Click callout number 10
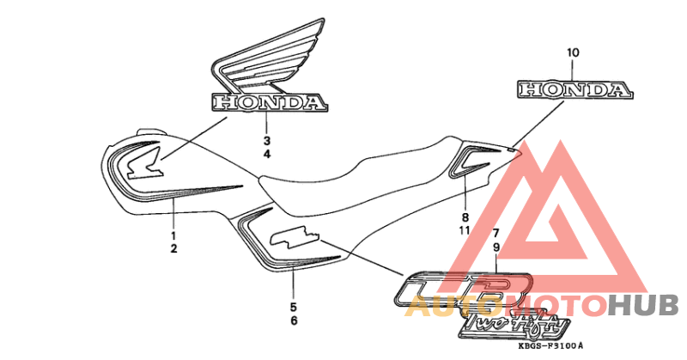573,53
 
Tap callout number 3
266,140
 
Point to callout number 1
173,235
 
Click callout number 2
173,248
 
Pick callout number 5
293,306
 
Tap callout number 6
293,320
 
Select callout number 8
464,217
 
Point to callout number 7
495,234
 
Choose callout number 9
495,247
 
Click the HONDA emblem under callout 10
574,88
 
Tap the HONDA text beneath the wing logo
269,103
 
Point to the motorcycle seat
361,172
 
